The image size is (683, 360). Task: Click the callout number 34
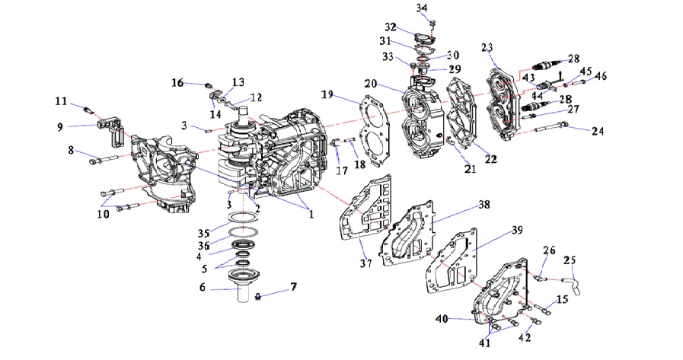click(x=422, y=8)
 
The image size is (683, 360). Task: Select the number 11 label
click(x=60, y=100)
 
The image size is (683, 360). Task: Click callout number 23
click(x=487, y=47)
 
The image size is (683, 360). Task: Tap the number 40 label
click(x=442, y=318)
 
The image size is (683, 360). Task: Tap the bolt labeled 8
click(x=107, y=159)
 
